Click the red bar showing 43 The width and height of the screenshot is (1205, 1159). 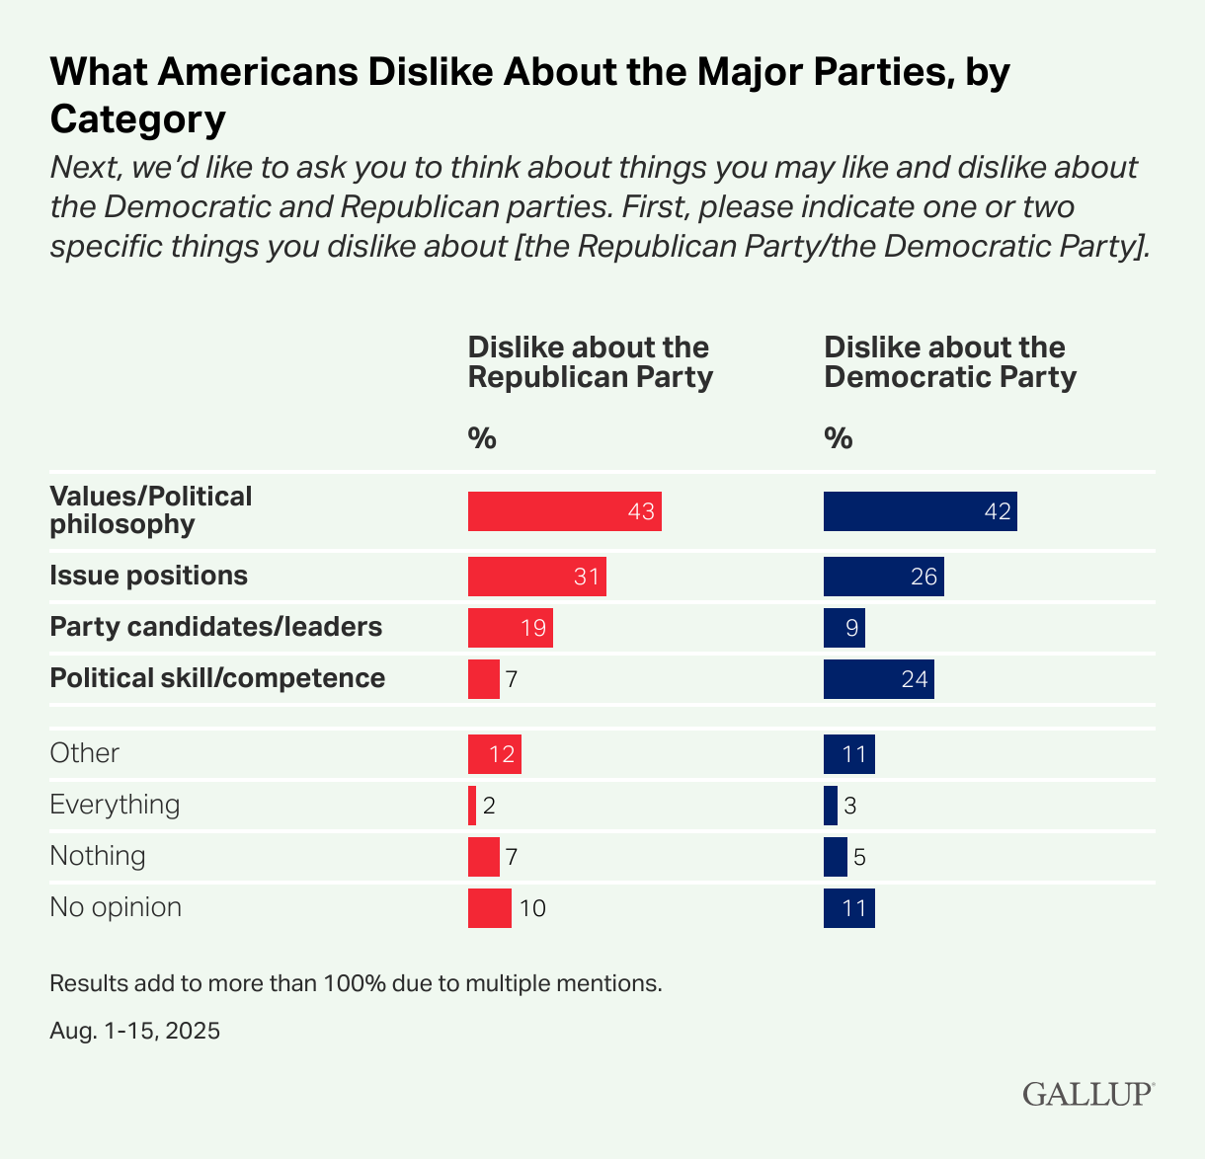click(564, 511)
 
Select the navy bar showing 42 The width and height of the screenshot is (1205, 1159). click(920, 511)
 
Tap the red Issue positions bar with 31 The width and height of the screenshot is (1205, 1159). click(536, 576)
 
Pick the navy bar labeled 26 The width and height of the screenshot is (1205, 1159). click(883, 576)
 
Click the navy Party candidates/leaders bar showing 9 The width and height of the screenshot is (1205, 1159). click(843, 628)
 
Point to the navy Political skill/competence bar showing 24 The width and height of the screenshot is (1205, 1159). click(878, 679)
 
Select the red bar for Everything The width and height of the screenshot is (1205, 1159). click(472, 806)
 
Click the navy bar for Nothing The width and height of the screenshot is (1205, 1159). click(835, 857)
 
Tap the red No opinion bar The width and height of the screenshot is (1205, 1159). click(489, 908)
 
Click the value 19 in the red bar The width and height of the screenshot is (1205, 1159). click(533, 628)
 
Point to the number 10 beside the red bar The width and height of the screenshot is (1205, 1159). click(532, 908)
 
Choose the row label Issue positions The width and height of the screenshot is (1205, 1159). click(148, 576)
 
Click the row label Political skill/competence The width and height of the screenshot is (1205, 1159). click(217, 678)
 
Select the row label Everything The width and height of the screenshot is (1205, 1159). click(115, 805)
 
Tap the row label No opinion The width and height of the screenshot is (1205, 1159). click(116, 907)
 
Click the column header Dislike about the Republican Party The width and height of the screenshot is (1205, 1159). click(590, 362)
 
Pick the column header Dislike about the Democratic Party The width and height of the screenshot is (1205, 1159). click(949, 362)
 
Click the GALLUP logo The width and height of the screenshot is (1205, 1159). click(1087, 1094)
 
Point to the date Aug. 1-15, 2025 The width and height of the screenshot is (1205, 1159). click(134, 1032)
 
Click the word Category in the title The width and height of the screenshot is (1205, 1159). click(138, 119)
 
